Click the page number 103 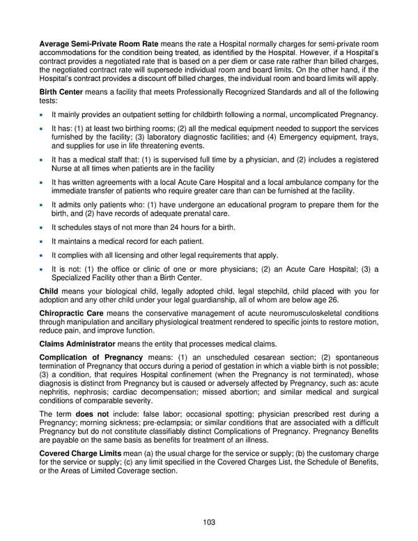pyautogui.click(x=209, y=520)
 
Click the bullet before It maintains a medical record pyautogui.click(x=43, y=241)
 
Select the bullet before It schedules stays pyautogui.click(x=43, y=227)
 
